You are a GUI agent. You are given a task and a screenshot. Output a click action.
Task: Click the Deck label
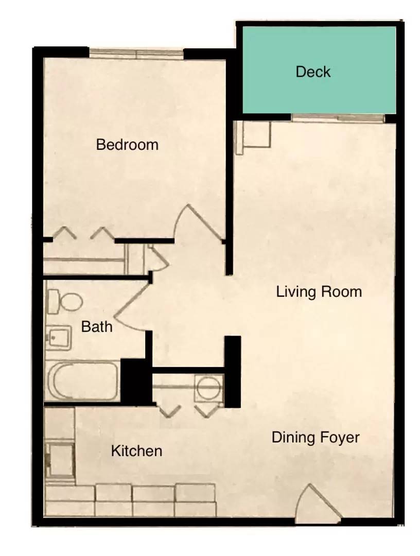click(313, 72)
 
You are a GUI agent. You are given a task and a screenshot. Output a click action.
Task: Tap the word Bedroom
click(127, 145)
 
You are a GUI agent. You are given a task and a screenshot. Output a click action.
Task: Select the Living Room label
click(319, 292)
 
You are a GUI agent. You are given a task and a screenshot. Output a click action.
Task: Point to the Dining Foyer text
click(316, 437)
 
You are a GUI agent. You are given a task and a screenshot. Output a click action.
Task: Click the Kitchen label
click(136, 451)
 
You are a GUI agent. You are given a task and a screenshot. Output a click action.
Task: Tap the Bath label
click(97, 326)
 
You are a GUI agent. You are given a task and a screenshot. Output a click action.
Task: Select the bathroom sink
click(59, 337)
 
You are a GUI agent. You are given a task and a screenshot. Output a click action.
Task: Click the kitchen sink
click(60, 460)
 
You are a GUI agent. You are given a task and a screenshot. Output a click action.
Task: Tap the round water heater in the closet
click(209, 388)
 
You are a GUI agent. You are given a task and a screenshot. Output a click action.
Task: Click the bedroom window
click(136, 54)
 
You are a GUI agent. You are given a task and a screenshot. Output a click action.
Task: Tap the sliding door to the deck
click(338, 118)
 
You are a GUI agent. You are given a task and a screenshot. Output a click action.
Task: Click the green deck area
click(319, 70)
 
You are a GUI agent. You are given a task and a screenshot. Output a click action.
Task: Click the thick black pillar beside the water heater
click(233, 372)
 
